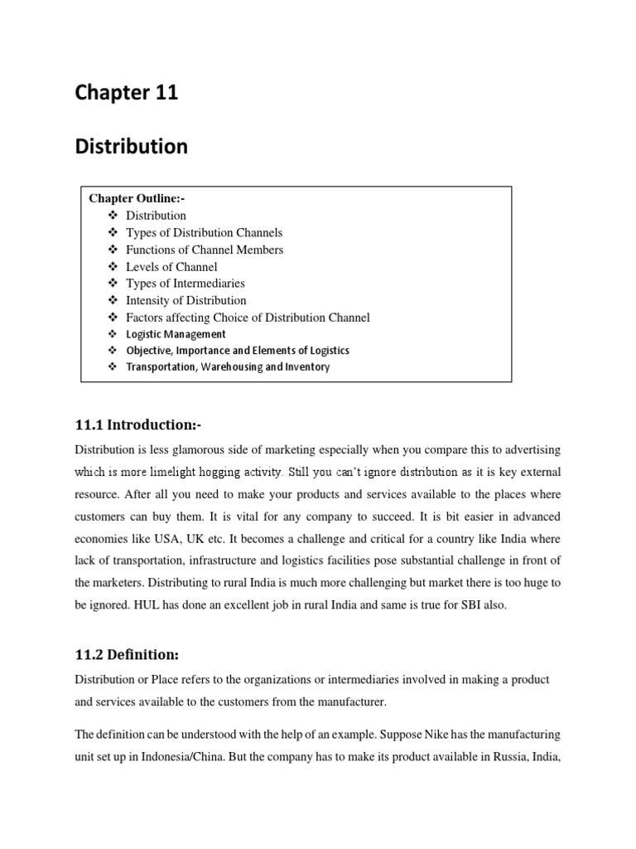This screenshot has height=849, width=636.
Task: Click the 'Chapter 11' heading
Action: tap(126, 93)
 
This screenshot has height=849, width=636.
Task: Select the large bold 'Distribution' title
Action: tap(131, 147)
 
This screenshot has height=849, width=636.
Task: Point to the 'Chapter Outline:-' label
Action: tap(137, 198)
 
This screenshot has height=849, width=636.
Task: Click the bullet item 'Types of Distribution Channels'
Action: tap(204, 232)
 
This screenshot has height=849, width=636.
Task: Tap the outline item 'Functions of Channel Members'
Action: tap(204, 250)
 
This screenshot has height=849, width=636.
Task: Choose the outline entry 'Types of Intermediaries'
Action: tap(185, 284)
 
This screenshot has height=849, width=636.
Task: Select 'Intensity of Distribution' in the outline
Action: tap(185, 300)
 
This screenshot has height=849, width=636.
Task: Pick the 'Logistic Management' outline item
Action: tap(176, 334)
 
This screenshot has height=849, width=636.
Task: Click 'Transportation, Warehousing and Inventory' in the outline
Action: tap(228, 366)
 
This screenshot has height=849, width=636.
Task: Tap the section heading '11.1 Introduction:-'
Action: tap(138, 424)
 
